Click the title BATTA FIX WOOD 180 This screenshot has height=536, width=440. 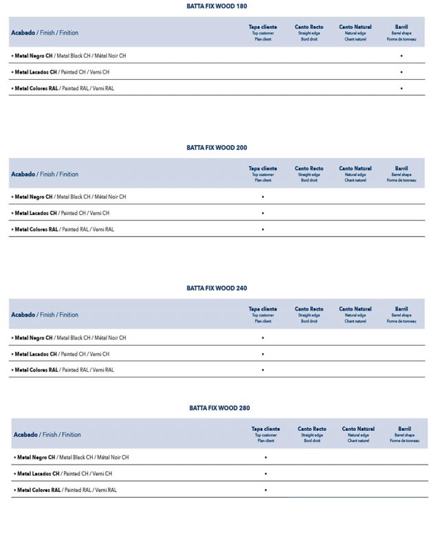(217, 6)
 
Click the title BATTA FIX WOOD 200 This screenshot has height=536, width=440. (217, 148)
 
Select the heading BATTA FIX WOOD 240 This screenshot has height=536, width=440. (217, 289)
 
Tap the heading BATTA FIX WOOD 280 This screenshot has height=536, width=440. (219, 408)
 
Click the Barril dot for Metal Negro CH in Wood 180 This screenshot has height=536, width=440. (401, 56)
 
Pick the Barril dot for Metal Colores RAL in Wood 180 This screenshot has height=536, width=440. (401, 88)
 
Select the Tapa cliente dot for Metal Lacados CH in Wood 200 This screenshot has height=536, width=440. (263, 213)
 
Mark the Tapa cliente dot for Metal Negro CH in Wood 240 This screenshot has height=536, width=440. (263, 338)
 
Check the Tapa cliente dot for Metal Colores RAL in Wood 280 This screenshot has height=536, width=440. (265, 490)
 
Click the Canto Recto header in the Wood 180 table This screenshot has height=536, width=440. (309, 27)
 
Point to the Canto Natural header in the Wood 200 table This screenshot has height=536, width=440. (355, 168)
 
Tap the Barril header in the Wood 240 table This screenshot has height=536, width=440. (401, 309)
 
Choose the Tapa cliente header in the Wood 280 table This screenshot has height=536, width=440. (265, 429)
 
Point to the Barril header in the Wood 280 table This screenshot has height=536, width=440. (404, 429)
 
